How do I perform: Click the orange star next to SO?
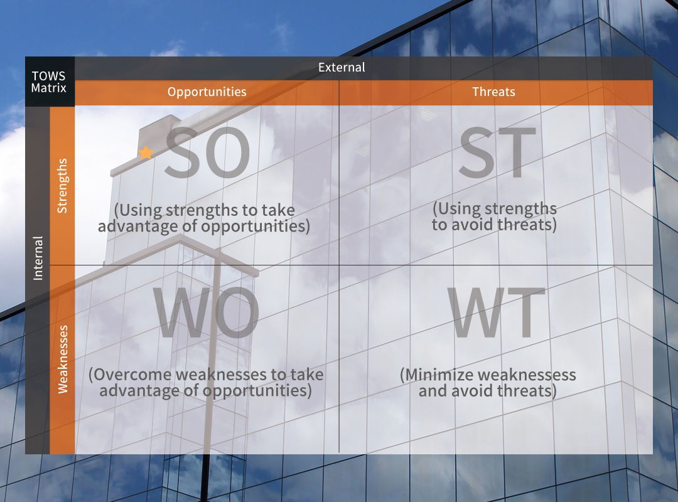point(146,152)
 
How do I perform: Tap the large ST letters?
point(498,152)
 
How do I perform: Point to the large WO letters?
point(207,312)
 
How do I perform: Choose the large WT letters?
point(496,312)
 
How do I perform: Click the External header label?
point(342,67)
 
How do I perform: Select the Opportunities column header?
point(207,92)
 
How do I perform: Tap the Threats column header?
point(493,92)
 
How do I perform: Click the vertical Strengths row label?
point(62,186)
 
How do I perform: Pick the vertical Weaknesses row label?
point(63,360)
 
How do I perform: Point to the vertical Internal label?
point(38,258)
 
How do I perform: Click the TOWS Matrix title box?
point(50,82)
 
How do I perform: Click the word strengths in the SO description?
point(202,211)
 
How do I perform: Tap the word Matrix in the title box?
point(48,88)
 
